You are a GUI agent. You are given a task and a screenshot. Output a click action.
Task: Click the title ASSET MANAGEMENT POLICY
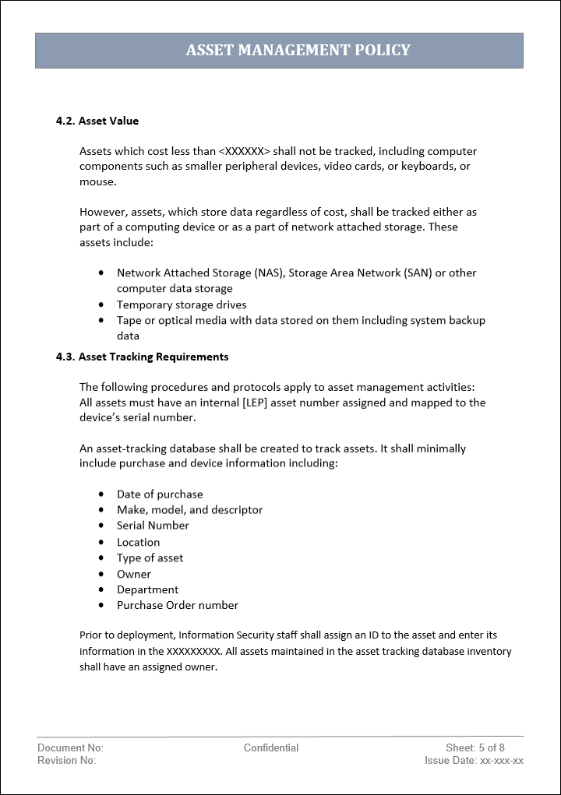[x=298, y=51]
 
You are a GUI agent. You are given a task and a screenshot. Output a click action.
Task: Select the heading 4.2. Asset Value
[x=97, y=121]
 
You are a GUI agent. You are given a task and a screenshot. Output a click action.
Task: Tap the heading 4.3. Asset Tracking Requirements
[x=142, y=357]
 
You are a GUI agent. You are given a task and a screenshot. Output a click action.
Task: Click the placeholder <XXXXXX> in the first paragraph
[x=245, y=151]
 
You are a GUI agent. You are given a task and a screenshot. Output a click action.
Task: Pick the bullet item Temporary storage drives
[x=182, y=304]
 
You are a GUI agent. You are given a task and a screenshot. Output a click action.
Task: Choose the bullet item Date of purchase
[x=160, y=494]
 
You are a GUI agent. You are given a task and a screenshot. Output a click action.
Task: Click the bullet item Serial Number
[x=153, y=526]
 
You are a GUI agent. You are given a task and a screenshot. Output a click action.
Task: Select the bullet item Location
[x=138, y=542]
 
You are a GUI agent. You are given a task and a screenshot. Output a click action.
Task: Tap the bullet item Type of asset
[x=150, y=558]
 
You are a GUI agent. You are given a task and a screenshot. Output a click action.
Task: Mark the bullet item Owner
[x=134, y=574]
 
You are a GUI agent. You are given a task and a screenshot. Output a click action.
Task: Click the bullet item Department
[x=147, y=589]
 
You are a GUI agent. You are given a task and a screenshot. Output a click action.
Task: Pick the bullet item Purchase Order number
[x=178, y=605]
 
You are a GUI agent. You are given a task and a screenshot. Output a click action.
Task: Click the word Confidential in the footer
[x=271, y=748]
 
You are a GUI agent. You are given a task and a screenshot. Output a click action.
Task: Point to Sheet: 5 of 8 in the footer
[x=475, y=748]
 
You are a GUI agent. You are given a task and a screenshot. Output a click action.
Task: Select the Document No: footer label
[x=70, y=748]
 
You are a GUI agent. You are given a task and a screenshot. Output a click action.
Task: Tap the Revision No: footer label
[x=66, y=760]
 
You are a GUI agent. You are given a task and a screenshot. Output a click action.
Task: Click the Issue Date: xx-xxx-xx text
[x=474, y=760]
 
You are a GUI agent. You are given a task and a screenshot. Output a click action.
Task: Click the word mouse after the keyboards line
[x=97, y=181]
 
